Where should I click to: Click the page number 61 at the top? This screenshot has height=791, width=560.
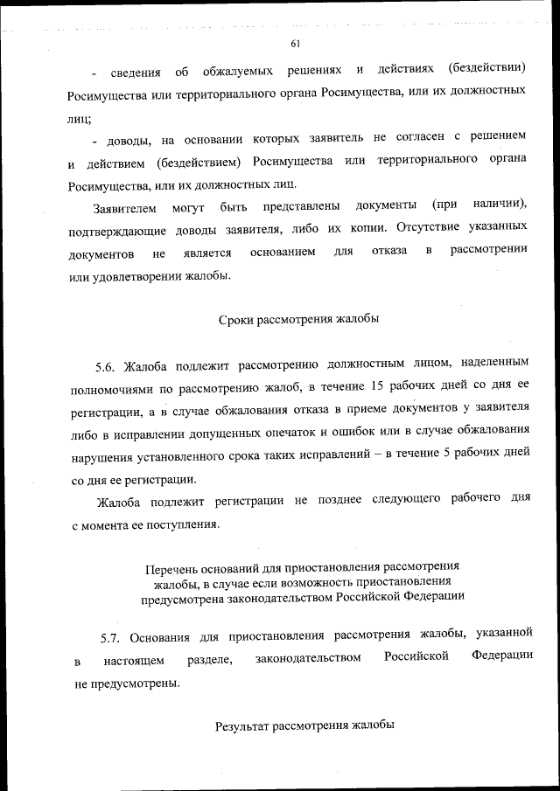click(295, 44)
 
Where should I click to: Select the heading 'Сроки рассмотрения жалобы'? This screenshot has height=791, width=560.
click(297, 319)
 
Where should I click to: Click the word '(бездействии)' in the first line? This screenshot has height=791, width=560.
click(486, 68)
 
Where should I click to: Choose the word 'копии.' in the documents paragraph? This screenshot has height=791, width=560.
click(364, 231)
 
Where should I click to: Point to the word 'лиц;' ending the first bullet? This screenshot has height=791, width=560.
click(84, 114)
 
